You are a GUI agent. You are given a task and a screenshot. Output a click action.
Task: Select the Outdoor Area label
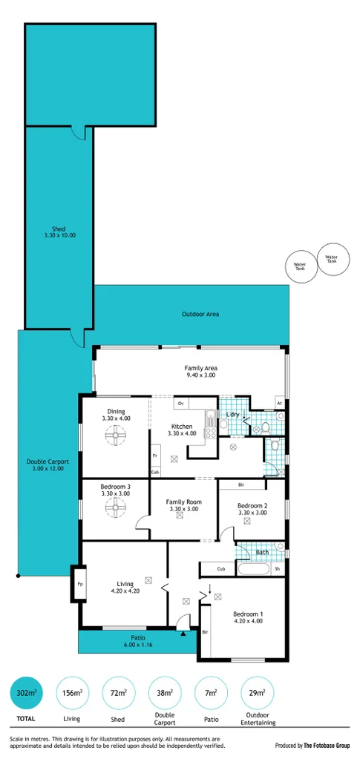pos(200,315)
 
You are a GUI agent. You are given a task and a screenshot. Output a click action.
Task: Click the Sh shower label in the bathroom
pos(277,569)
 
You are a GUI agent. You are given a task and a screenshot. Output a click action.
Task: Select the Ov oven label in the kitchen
pos(180,404)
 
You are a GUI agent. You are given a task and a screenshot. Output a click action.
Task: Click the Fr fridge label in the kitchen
pos(155,456)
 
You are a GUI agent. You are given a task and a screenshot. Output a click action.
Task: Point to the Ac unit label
pos(279,404)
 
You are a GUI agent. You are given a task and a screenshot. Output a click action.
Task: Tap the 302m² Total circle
pos(25,694)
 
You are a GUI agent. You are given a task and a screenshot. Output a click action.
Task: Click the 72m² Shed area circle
pos(118,694)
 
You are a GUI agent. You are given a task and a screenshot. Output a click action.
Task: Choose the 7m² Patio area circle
pos(211,694)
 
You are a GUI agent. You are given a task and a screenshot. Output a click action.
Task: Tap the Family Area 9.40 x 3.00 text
pos(200,372)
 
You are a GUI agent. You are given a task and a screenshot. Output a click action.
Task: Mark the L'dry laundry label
pos(232,415)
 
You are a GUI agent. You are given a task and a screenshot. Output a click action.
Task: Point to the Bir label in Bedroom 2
pos(242,485)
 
